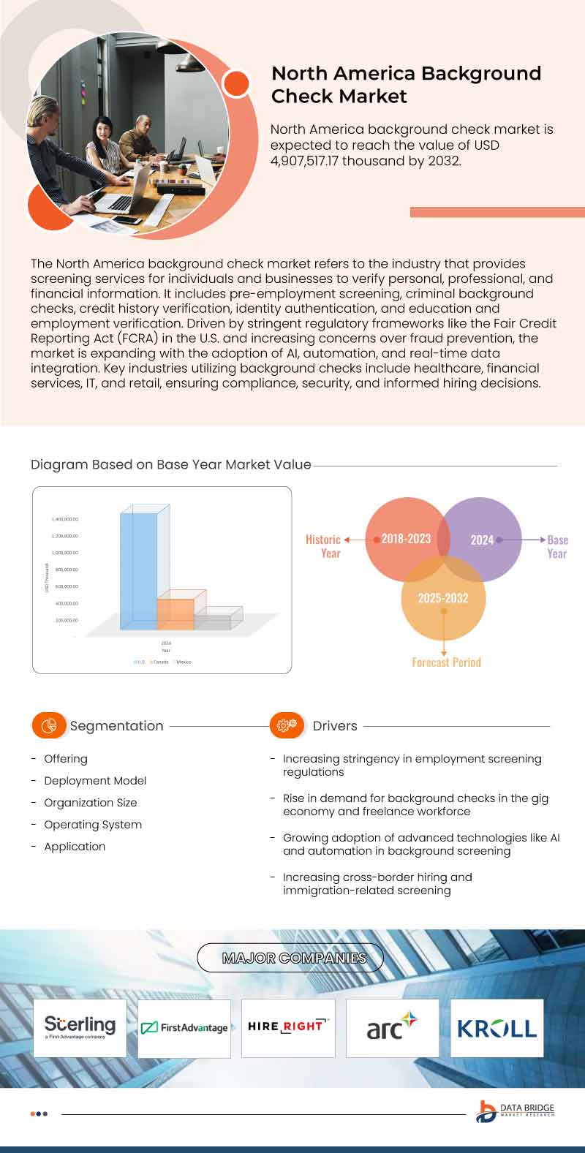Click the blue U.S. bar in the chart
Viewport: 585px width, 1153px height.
138,570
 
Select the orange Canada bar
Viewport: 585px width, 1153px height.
175,613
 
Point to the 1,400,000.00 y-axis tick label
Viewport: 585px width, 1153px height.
65,519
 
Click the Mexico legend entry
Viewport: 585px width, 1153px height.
182,662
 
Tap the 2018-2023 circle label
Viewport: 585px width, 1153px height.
406,539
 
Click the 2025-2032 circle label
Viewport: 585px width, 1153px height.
443,597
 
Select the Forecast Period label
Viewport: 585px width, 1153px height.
446,662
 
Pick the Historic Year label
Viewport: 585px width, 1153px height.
324,546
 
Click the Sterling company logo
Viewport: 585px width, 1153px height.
80,1027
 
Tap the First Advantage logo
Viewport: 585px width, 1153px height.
184,1028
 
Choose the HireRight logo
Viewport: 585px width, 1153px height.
288,1027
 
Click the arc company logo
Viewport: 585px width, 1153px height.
392,1027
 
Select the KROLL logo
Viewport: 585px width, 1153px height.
497,1028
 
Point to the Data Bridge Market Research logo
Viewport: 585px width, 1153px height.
515,1111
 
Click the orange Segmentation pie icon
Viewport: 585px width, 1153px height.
49,725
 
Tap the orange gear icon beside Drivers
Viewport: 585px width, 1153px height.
287,725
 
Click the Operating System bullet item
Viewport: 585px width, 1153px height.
93,825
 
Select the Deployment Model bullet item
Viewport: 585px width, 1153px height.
95,781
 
